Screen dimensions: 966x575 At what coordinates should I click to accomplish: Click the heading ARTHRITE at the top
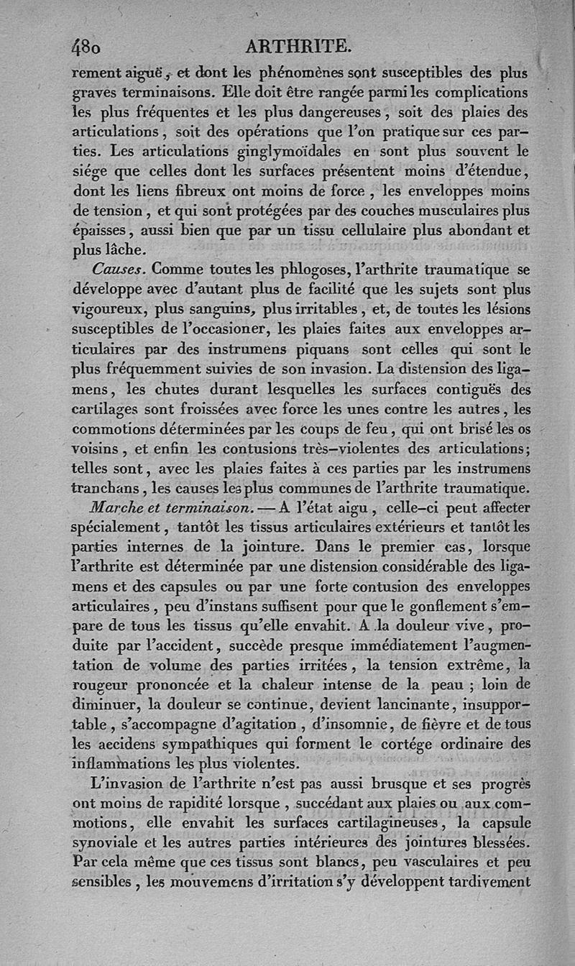(298, 47)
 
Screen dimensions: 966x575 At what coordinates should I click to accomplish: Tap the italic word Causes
(113, 270)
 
